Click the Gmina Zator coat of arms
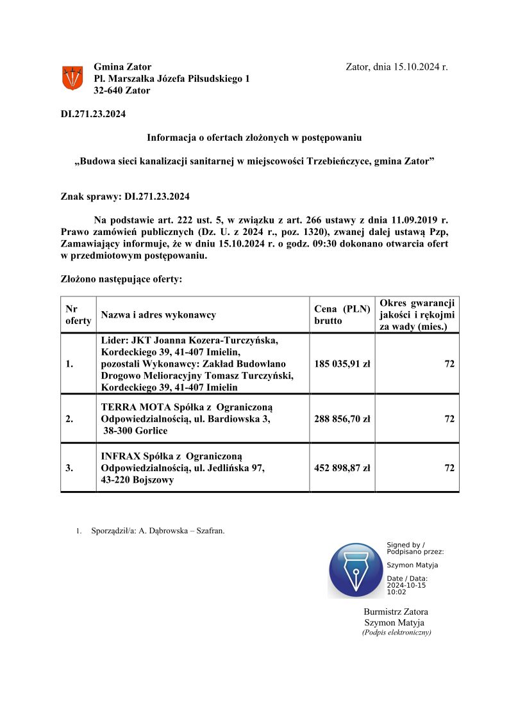[72, 78]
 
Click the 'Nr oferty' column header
[78, 314]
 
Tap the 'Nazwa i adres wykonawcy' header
[158, 315]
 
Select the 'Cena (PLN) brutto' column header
[342, 314]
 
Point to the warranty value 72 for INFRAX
[449, 468]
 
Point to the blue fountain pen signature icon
[355, 570]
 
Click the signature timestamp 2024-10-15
[406, 585]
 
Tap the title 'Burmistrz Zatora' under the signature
[396, 611]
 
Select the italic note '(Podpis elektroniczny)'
[396, 632]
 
